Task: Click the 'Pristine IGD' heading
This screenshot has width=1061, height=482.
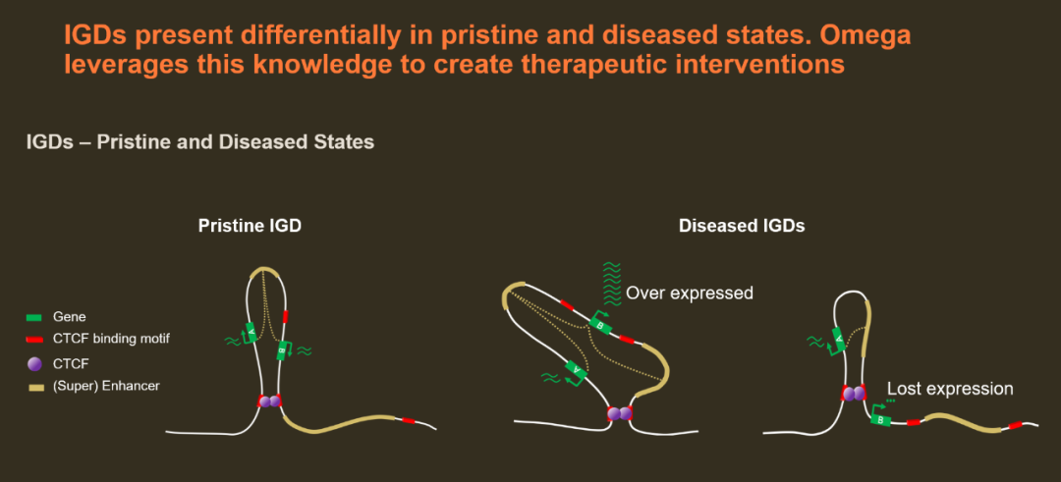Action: [250, 227]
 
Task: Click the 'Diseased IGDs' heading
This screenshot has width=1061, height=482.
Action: [742, 227]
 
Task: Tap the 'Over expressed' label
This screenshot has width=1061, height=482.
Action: [690, 294]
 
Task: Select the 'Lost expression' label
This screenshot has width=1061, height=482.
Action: [950, 389]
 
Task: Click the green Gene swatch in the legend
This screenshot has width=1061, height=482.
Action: [33, 316]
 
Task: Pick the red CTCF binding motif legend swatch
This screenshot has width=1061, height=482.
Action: [33, 339]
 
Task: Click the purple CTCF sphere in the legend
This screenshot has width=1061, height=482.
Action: [33, 363]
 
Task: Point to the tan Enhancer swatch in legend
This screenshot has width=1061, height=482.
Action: [33, 388]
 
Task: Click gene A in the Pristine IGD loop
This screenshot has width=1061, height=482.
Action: [251, 333]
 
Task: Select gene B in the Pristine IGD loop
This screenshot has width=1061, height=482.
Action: [282, 350]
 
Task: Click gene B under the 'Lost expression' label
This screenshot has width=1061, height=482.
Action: [880, 419]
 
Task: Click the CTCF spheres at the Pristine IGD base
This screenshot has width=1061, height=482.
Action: [269, 401]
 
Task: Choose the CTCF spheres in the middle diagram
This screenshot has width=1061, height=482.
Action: [620, 412]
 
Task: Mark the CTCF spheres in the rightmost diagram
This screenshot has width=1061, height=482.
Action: [853, 393]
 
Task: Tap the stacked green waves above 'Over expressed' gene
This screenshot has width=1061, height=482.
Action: [612, 284]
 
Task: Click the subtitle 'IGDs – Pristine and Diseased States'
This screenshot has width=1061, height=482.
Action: [200, 142]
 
